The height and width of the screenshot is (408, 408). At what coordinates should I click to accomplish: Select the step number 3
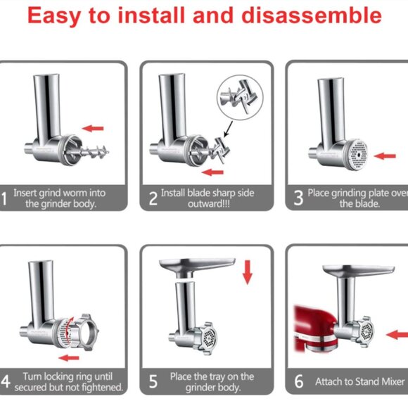point(298,198)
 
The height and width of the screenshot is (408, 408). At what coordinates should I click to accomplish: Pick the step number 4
point(7,382)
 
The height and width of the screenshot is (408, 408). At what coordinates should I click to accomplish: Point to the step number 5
point(153,382)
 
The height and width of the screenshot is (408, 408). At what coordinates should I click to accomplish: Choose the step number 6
point(298,382)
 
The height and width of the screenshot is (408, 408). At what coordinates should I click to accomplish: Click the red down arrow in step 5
point(247,272)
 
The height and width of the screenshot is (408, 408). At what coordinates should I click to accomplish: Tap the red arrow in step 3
point(385,155)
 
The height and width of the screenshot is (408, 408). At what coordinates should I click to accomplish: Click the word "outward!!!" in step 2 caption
point(207,204)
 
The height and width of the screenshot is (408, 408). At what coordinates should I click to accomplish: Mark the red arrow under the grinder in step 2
point(215,171)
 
